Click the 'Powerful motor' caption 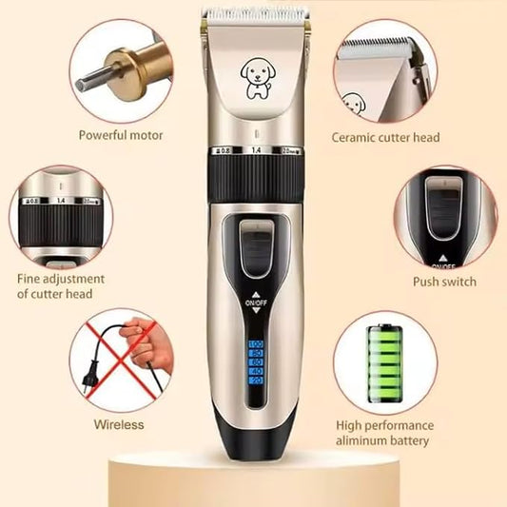[x=122, y=135]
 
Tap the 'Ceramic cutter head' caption [x=385, y=137]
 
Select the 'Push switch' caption [x=444, y=282]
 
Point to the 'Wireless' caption [x=119, y=424]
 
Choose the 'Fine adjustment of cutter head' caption [x=61, y=286]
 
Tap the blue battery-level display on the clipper [x=256, y=361]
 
